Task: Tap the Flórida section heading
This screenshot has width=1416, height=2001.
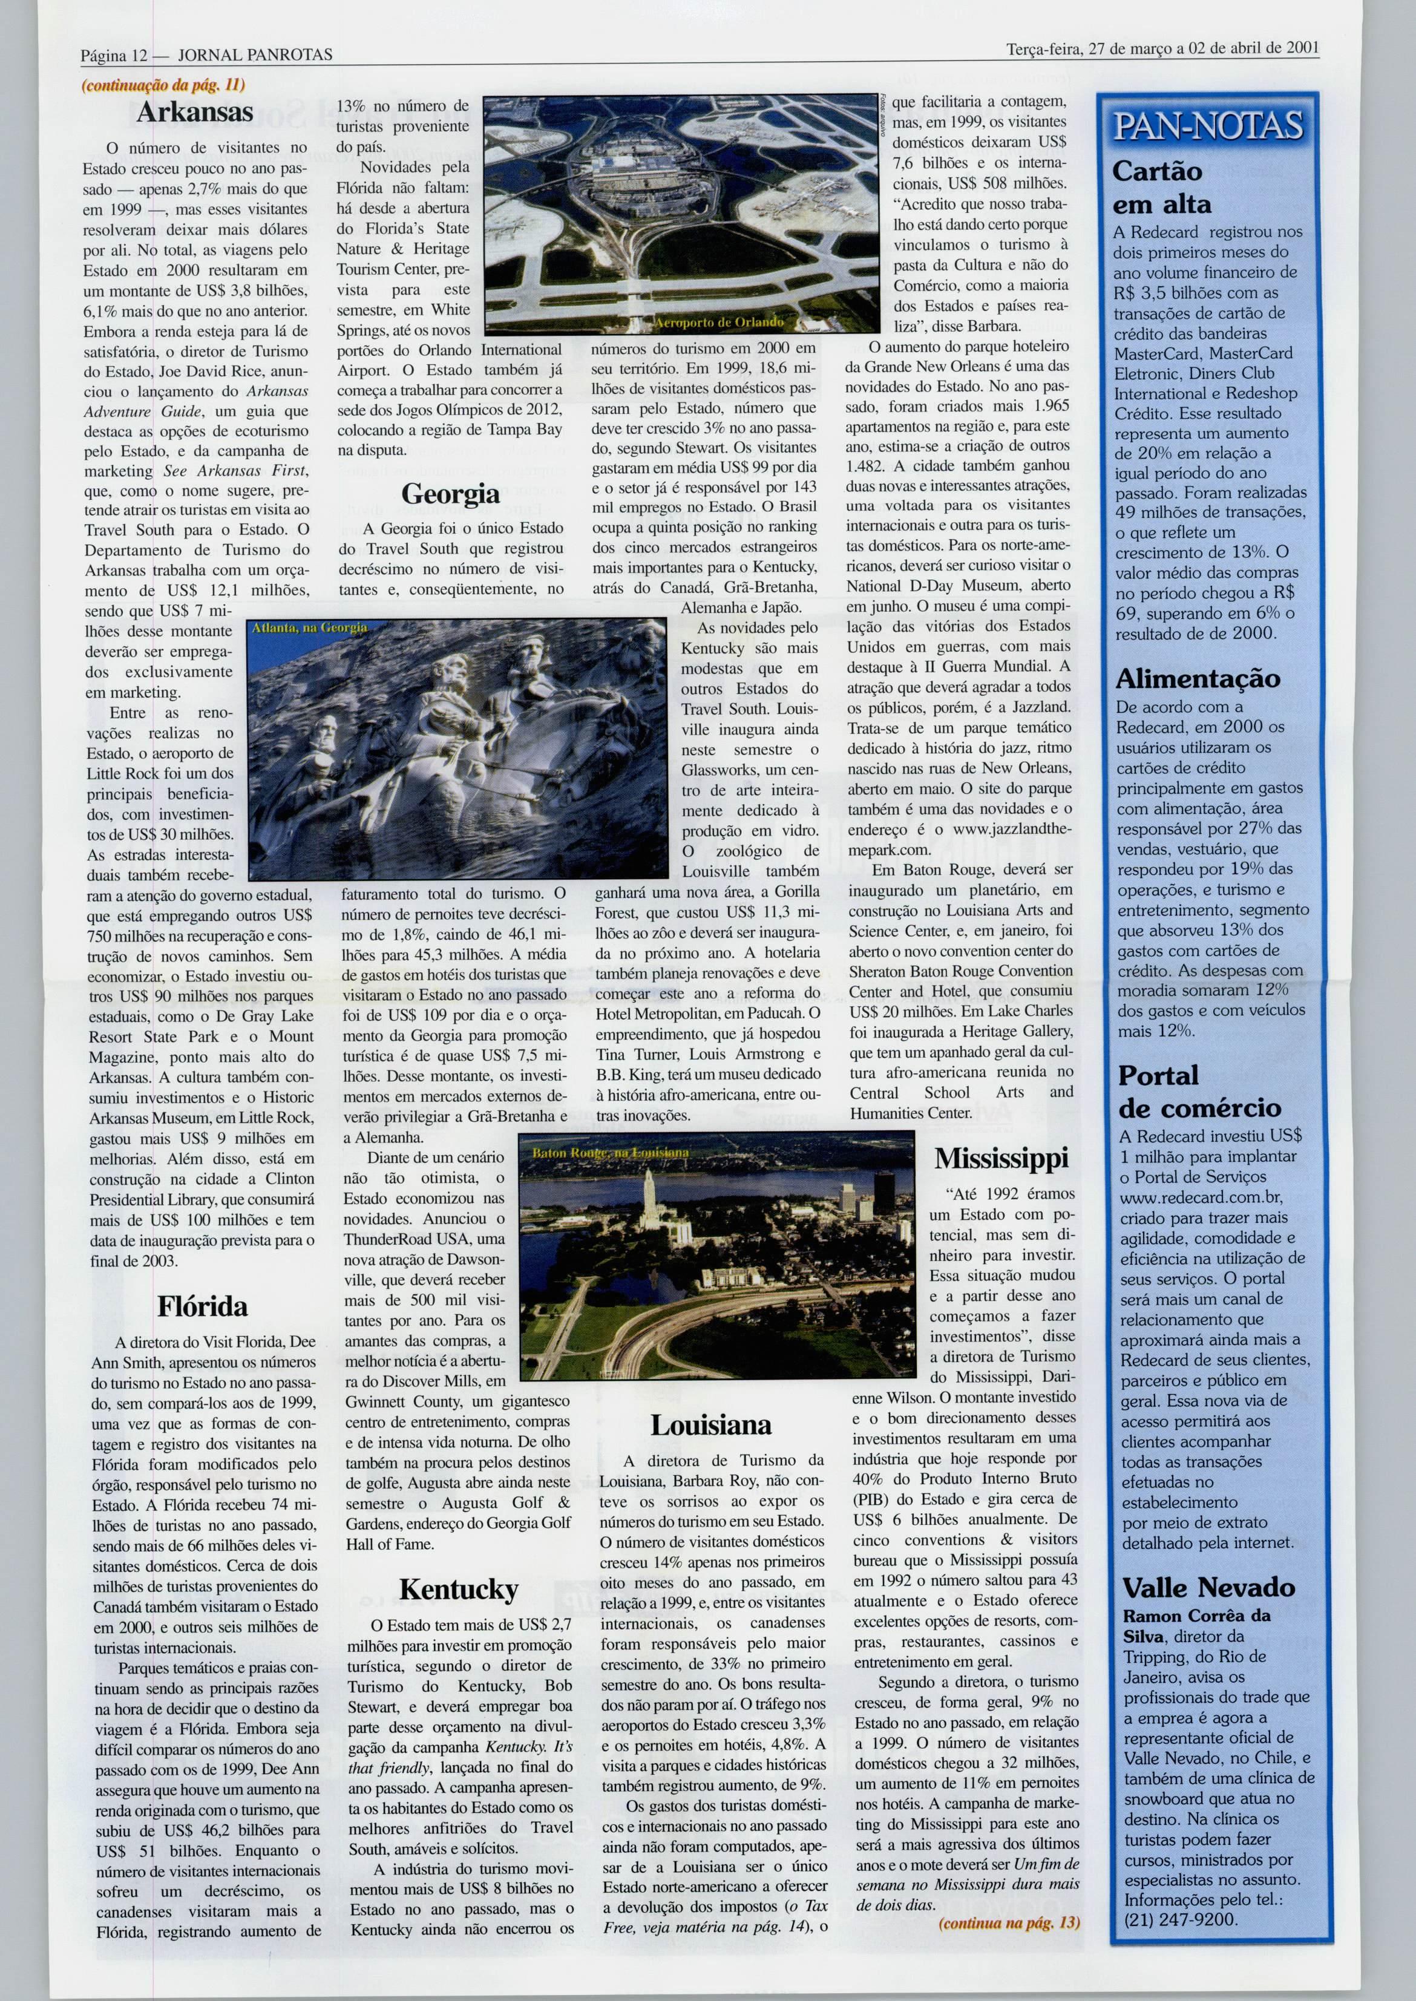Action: [x=202, y=1306]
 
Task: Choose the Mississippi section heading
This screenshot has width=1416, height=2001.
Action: [x=1001, y=1159]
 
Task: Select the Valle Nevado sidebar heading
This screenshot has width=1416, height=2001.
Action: [x=1208, y=1587]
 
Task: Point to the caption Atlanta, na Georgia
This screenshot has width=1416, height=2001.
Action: [x=310, y=627]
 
